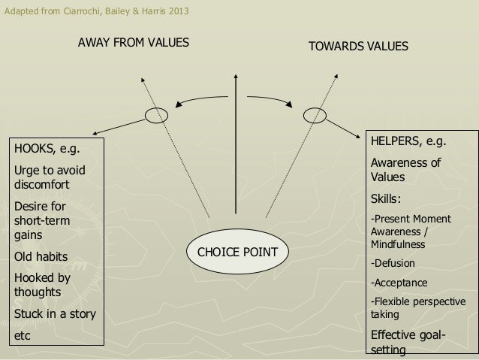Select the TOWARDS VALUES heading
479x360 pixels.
coord(359,47)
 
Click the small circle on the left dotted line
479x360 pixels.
coord(156,115)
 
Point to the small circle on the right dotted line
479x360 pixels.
coord(312,115)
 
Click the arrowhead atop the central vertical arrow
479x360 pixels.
coord(236,75)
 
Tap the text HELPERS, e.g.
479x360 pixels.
coord(406,141)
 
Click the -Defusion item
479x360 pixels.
coord(391,264)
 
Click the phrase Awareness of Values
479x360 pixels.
coord(404,171)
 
